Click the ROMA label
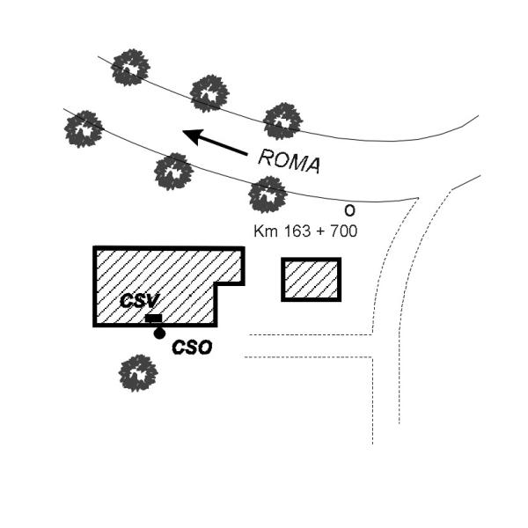(x=289, y=162)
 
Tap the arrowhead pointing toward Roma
(x=194, y=136)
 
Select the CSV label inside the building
(x=139, y=301)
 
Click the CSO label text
(x=192, y=348)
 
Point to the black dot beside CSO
(x=159, y=334)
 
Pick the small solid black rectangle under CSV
(x=153, y=319)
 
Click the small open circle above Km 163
(x=350, y=211)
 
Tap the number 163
(x=297, y=231)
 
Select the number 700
(x=343, y=231)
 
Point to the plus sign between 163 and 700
(x=320, y=231)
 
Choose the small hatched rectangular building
(x=312, y=280)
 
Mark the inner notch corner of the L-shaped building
(x=216, y=284)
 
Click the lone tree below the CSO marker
(x=138, y=373)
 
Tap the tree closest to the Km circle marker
(x=268, y=194)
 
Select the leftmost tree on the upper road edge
(x=130, y=68)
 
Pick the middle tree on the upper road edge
(x=209, y=93)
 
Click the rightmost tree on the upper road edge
(x=282, y=121)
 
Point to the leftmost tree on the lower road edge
(x=84, y=129)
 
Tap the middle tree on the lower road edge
(x=173, y=172)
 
